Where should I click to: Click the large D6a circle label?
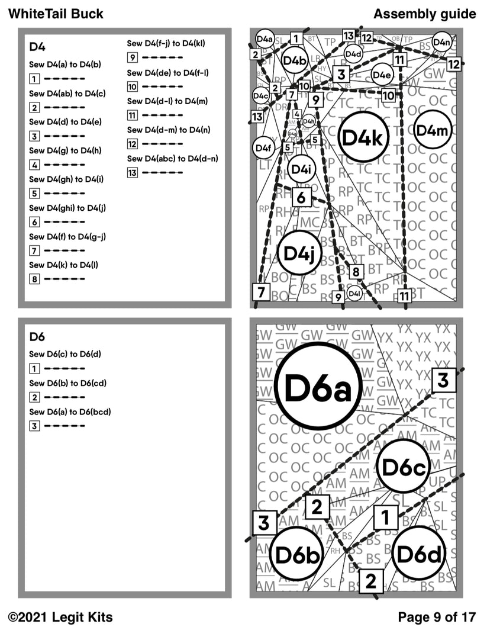point(319,387)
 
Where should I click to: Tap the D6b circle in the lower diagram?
point(299,555)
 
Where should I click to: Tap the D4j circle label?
point(299,252)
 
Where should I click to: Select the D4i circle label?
point(302,169)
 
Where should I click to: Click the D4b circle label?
point(294,60)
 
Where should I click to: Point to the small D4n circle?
point(441,42)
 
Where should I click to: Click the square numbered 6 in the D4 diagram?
point(301,197)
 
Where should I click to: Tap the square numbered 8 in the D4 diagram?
point(356,272)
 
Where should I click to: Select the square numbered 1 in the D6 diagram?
point(385,518)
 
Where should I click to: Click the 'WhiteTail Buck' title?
point(56,13)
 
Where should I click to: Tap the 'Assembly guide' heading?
point(424,13)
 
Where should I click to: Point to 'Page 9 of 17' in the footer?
point(437,617)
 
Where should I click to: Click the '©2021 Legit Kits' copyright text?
point(61,617)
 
